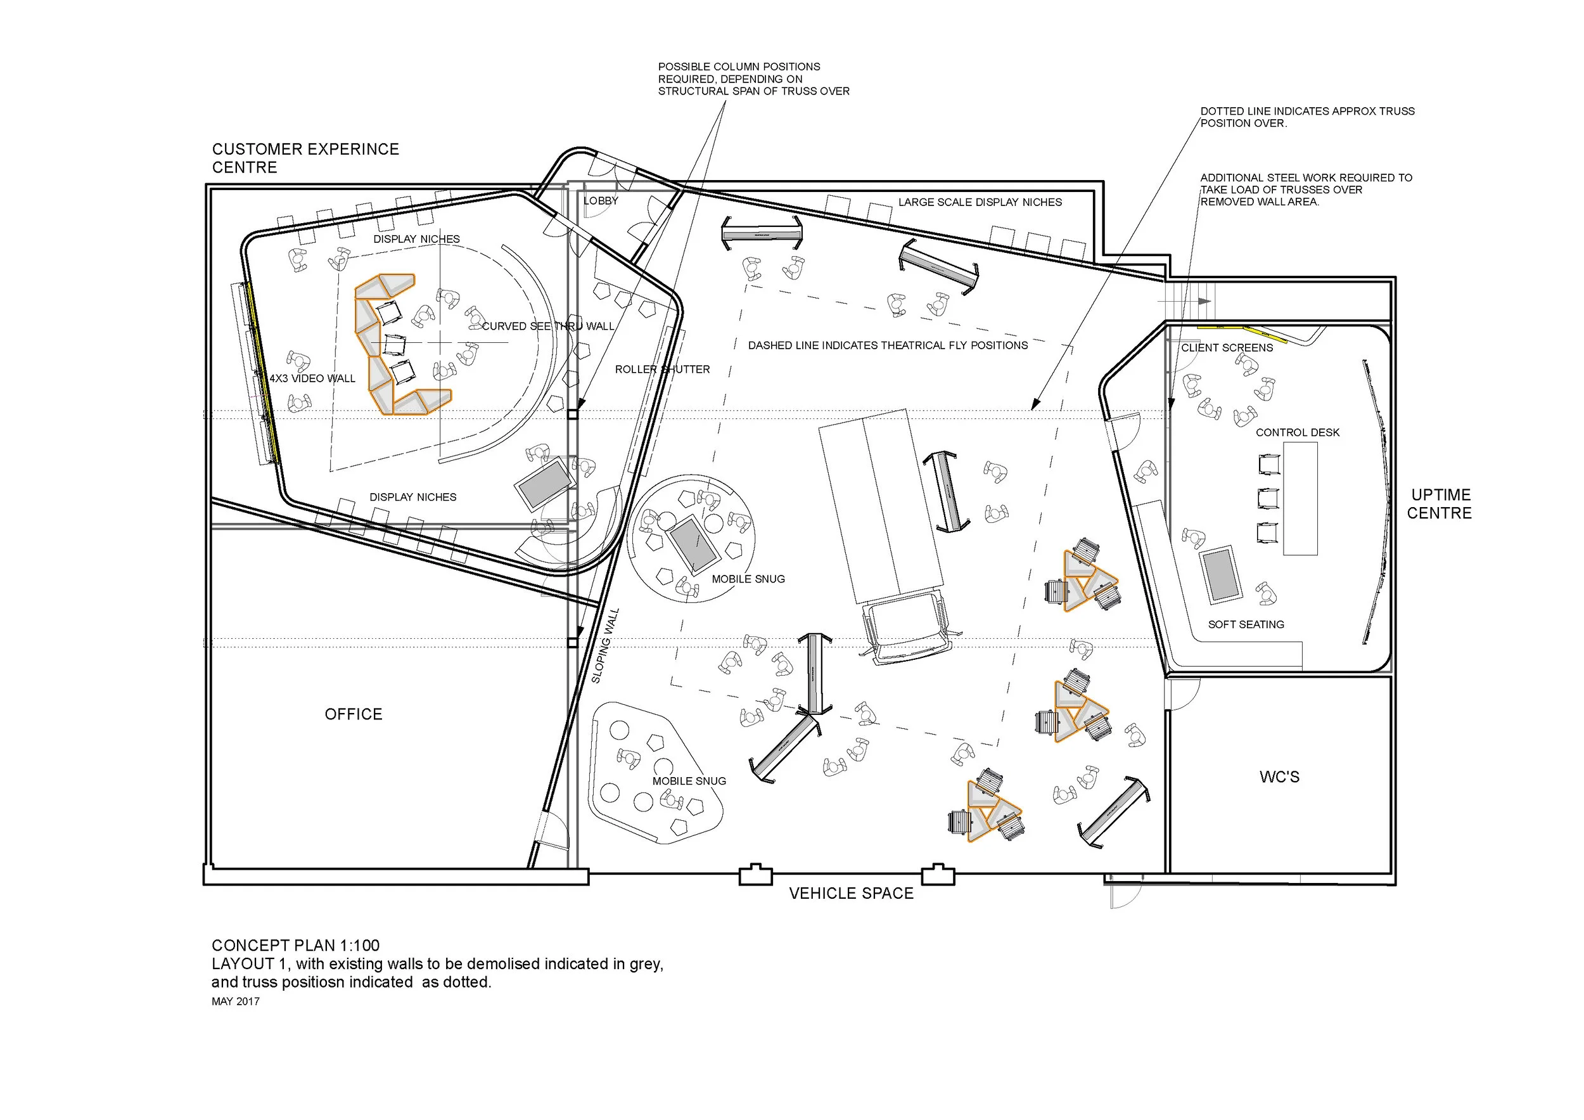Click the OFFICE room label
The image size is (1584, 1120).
(x=353, y=714)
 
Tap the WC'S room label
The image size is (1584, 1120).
(x=1279, y=777)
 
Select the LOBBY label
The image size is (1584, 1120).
(x=601, y=201)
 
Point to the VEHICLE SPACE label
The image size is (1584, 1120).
(x=852, y=894)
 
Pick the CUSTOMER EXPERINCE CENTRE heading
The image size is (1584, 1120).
(x=305, y=158)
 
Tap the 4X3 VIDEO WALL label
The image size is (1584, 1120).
(x=312, y=378)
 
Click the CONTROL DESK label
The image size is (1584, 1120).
(x=1298, y=433)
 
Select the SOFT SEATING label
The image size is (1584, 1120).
(x=1246, y=624)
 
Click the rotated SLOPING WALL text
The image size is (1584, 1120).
(x=606, y=646)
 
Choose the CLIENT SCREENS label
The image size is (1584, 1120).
(x=1227, y=348)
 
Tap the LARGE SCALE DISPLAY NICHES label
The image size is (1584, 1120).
(x=980, y=202)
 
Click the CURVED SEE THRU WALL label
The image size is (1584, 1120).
(x=548, y=326)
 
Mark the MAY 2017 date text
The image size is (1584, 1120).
(x=235, y=1001)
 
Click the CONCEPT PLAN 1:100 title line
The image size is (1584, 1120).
(x=295, y=946)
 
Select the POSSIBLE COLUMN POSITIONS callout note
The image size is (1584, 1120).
(x=753, y=79)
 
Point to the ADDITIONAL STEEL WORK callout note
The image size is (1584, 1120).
(x=1306, y=190)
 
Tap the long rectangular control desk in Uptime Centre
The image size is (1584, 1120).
(x=1300, y=499)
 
